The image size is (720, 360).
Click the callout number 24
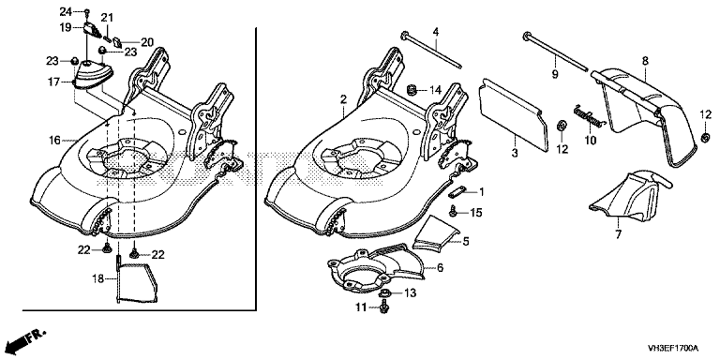(67, 10)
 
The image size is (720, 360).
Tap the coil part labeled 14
(412, 89)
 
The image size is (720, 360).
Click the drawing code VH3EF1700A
(673, 347)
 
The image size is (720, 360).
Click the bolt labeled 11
(384, 307)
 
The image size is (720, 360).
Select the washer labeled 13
(384, 292)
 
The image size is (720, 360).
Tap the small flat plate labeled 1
(459, 191)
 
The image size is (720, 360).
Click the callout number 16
(54, 140)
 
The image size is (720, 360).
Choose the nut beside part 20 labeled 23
(103, 51)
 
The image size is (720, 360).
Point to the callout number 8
(645, 60)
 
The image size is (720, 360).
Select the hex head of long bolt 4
(405, 35)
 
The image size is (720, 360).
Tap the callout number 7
(618, 234)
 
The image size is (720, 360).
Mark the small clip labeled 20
(117, 43)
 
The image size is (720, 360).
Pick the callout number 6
(441, 267)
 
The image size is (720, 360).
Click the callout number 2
(342, 99)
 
